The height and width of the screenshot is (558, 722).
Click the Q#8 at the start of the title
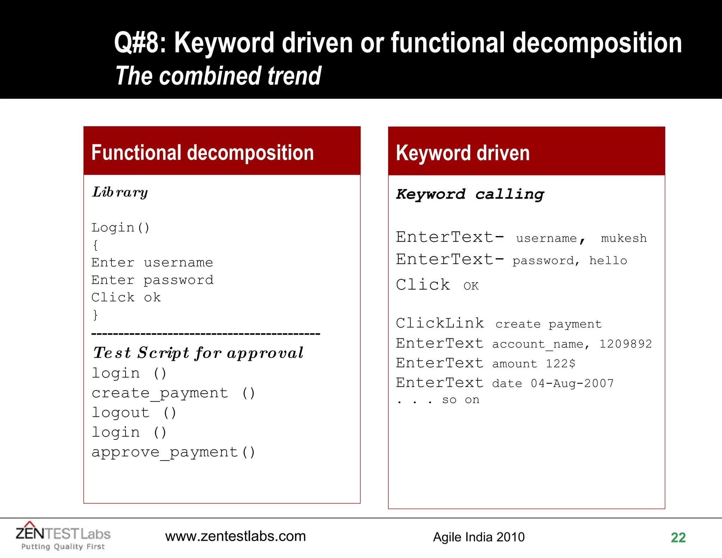pos(140,43)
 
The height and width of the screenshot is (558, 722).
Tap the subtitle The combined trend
pos(218,76)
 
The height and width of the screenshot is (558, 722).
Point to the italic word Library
pos(120,193)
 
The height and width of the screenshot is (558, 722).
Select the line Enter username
pos(152,262)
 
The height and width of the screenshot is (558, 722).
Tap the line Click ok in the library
pos(126,297)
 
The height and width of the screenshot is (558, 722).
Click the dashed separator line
pos(206,333)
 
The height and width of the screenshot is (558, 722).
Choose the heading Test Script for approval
pos(198,353)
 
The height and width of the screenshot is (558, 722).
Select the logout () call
pos(134,413)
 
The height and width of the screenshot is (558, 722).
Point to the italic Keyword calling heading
pos(470,194)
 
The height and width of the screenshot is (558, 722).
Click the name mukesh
pos(624,238)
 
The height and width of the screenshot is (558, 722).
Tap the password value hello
pos(608,261)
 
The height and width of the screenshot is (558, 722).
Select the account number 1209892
pos(625,344)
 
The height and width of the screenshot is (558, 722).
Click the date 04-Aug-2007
pos(572,383)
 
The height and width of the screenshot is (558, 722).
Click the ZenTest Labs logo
pos(63,536)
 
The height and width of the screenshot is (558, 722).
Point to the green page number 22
pos(678,538)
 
